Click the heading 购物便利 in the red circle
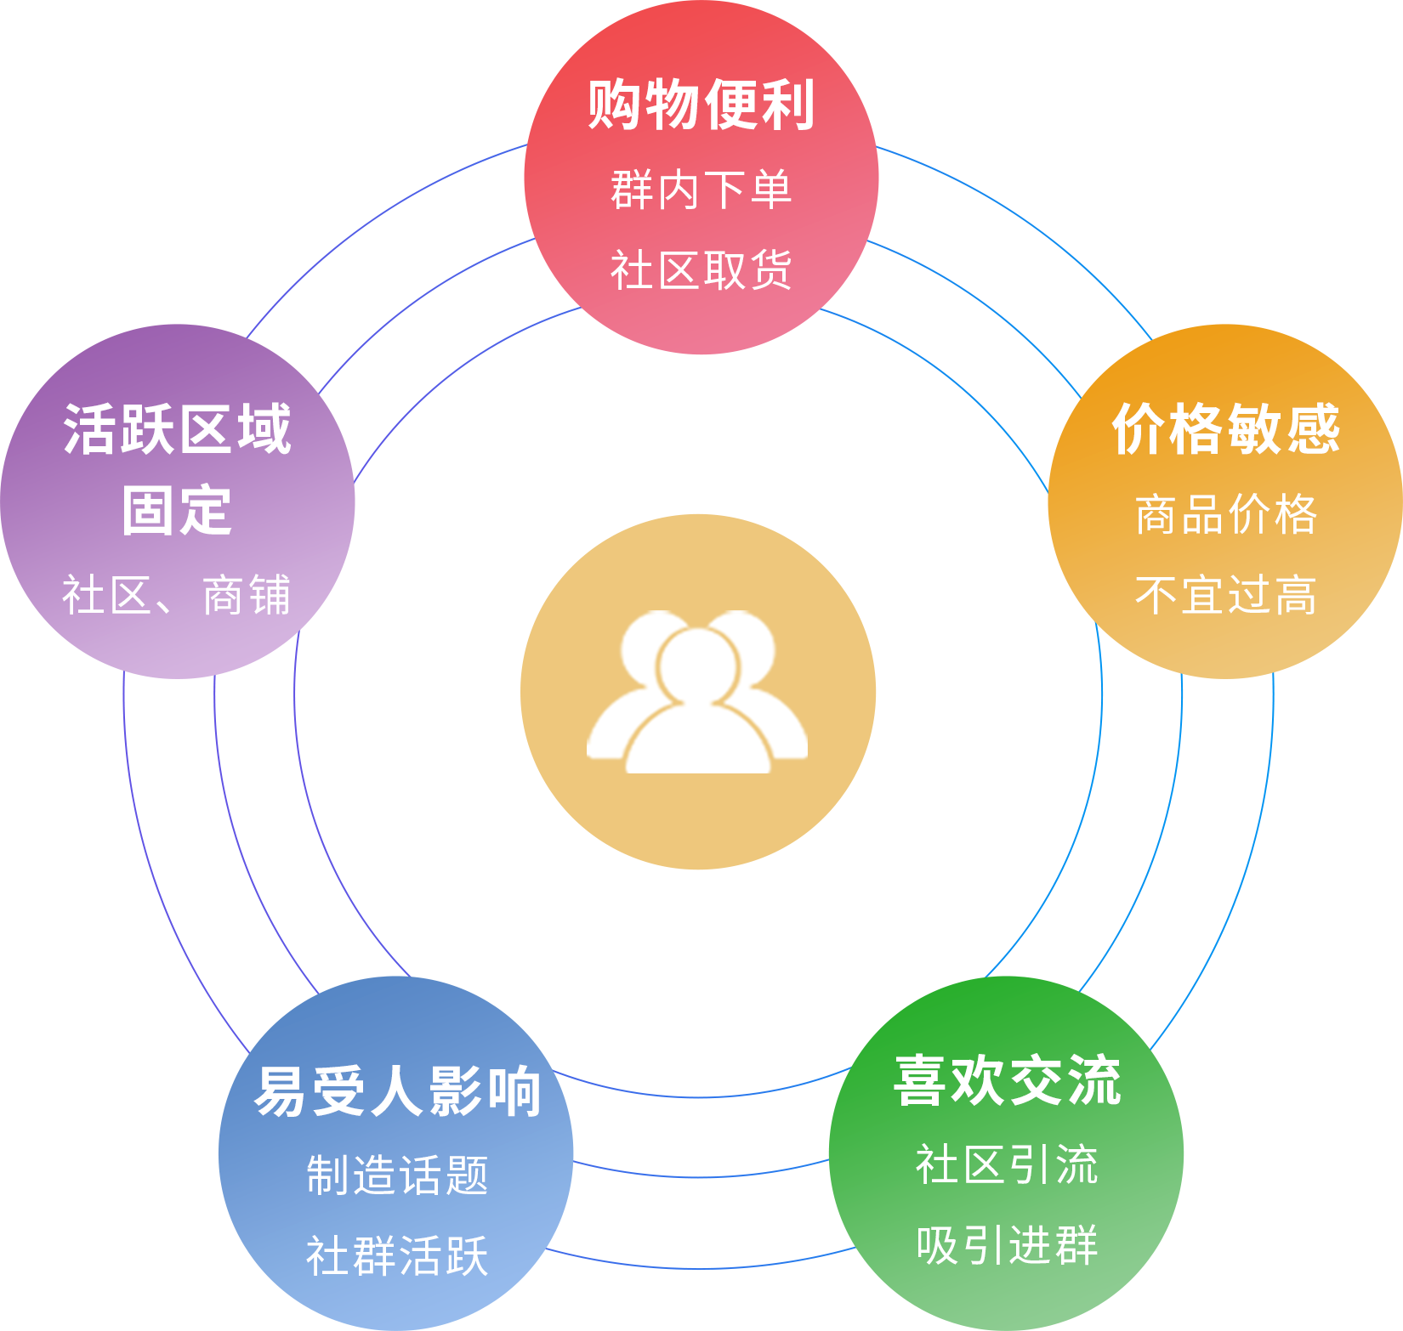701,105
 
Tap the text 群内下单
701,190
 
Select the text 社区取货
701,270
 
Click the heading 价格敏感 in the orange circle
1226,429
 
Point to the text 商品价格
1226,514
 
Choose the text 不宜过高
1226,595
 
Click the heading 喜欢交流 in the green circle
1008,1081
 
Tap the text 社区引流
1008,1164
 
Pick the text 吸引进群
1008,1246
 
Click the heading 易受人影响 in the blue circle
397,1092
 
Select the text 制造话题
397,1175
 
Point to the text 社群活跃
397,1256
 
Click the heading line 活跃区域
178,429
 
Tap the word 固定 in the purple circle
178,511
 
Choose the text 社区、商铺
178,595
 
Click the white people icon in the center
697,693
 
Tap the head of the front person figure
698,665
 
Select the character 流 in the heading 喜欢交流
1094,1081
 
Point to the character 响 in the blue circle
513,1092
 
